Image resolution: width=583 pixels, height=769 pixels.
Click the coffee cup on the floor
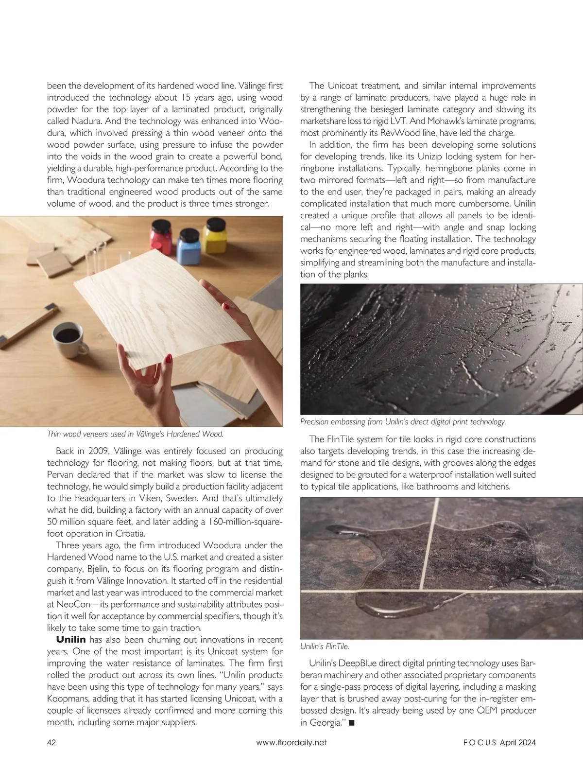68,337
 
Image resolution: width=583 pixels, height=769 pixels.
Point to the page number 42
51,742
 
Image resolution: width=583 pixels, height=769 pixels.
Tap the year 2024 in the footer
526,742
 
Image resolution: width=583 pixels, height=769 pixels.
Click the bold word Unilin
71,640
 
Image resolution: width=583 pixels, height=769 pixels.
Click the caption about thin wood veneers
135,434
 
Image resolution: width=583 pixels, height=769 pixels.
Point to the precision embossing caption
403,422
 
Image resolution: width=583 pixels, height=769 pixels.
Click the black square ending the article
352,723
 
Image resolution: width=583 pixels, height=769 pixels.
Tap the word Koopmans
68,699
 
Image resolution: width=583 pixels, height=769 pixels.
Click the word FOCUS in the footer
479,742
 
